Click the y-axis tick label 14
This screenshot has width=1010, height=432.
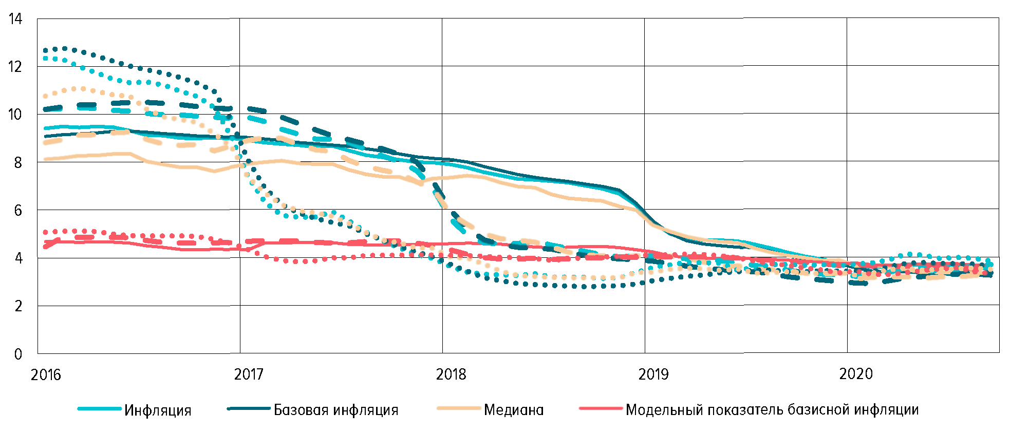coord(15,19)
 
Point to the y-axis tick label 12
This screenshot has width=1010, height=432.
coord(15,67)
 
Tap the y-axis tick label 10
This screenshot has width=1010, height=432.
coord(15,115)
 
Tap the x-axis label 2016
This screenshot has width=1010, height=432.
coord(46,374)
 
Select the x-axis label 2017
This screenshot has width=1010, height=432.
coord(249,374)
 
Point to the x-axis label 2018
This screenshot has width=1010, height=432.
coord(451,374)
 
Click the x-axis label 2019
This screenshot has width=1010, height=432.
coord(653,374)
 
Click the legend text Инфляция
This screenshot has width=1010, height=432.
coord(158,410)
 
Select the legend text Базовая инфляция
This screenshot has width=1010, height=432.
coord(336,410)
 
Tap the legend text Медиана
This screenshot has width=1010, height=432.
coord(514,410)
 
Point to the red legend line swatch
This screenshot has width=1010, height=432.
coord(601,409)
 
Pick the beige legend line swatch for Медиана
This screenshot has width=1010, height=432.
coord(458,409)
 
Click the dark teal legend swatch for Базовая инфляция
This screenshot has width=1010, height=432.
coord(249,409)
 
